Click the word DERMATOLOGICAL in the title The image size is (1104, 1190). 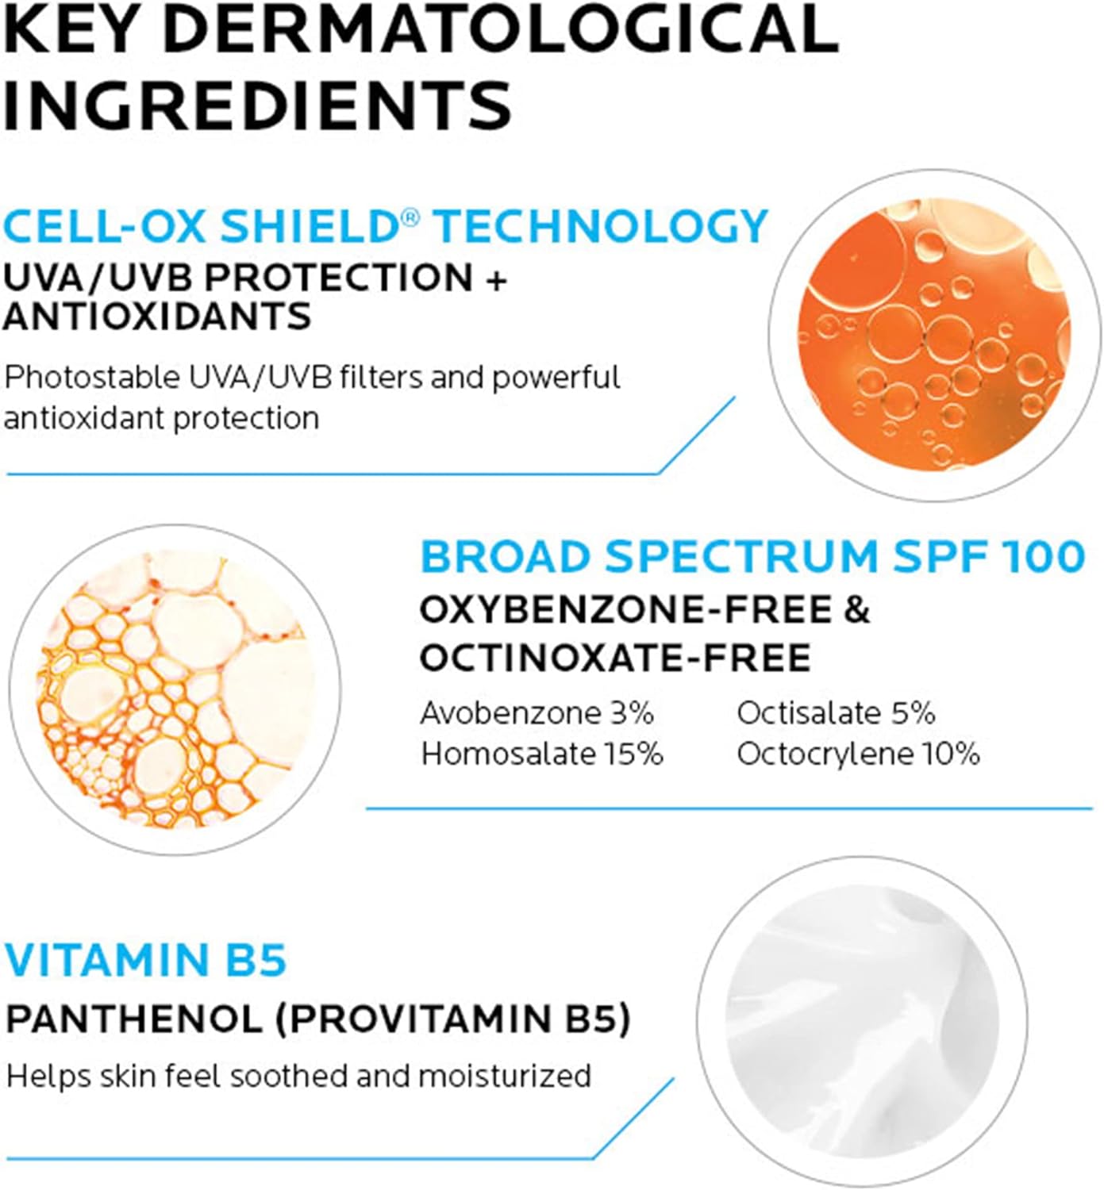[501, 27]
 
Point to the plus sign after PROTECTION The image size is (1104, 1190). [496, 278]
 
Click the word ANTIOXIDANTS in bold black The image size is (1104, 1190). [157, 317]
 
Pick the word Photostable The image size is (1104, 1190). [92, 378]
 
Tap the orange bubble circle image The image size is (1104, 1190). [933, 335]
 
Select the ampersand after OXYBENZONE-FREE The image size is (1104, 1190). [857, 611]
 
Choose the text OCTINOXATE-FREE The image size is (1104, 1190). [615, 658]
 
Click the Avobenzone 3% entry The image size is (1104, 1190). [537, 714]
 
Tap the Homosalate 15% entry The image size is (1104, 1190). [542, 754]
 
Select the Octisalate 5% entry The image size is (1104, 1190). [836, 714]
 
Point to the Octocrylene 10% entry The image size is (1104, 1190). [858, 754]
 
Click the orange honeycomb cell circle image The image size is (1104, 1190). [175, 689]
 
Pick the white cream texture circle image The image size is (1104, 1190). [863, 1021]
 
